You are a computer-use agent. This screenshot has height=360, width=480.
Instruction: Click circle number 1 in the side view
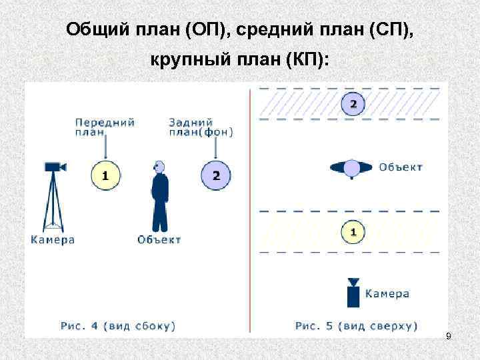[105, 176]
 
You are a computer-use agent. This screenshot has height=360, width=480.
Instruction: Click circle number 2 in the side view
[215, 176]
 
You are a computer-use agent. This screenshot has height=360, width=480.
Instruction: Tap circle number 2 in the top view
[353, 103]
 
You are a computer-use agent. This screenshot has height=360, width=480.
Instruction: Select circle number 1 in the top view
[353, 232]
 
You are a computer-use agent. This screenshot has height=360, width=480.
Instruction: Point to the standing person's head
[159, 166]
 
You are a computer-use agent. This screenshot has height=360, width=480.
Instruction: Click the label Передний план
[105, 127]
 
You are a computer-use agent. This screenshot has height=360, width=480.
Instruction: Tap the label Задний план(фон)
[201, 127]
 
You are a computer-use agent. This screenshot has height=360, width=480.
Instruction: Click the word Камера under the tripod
[52, 239]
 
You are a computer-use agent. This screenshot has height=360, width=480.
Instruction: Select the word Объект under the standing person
[159, 239]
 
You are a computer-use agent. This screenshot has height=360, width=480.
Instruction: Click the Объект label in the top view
[401, 167]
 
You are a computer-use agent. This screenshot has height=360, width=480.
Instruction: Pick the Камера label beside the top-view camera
[387, 293]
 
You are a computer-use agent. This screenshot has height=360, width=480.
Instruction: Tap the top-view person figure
[352, 168]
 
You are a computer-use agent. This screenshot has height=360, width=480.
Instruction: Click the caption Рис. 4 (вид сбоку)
[118, 326]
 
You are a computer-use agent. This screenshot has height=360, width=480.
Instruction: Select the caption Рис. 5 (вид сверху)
[356, 326]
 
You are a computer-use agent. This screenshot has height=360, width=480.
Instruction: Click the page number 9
[449, 337]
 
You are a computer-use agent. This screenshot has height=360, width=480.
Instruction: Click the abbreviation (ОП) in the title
[205, 30]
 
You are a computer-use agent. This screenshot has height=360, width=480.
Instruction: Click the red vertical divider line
[250, 207]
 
